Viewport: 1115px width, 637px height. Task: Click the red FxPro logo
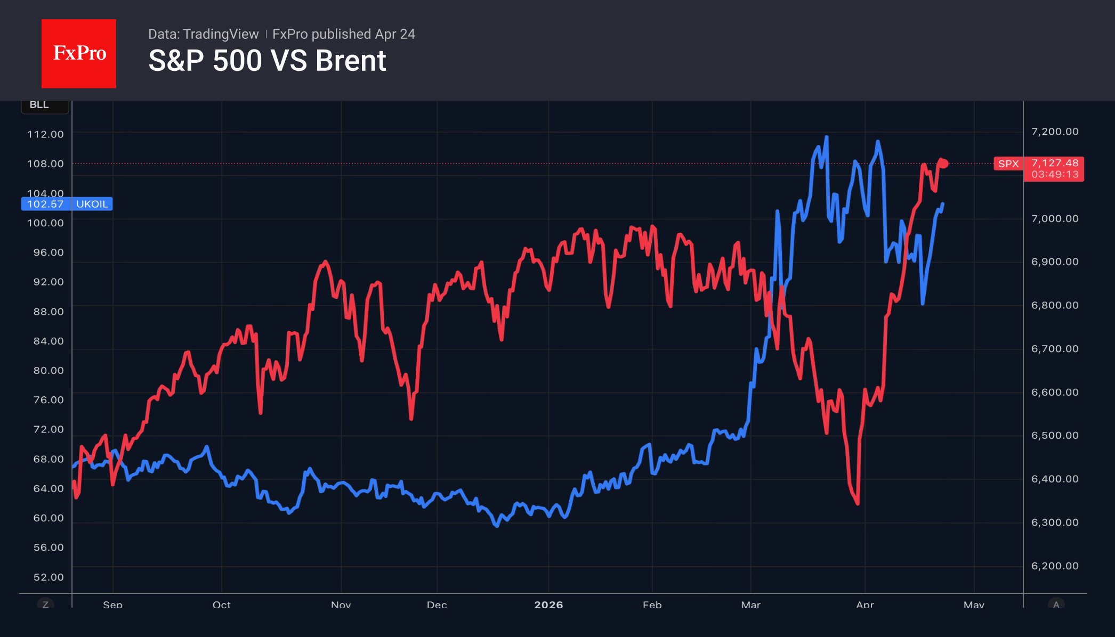(x=79, y=53)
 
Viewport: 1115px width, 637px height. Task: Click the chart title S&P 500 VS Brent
(x=267, y=61)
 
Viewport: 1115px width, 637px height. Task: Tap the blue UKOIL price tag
(x=67, y=204)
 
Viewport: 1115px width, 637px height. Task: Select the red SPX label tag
(x=1008, y=164)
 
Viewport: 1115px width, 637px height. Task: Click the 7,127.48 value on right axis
(x=1054, y=163)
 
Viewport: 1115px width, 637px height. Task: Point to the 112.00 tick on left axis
(x=45, y=134)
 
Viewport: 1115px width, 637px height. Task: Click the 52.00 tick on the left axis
(x=48, y=577)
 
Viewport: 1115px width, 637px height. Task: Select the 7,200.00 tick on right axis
(x=1054, y=132)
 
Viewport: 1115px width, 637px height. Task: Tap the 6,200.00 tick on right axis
(x=1054, y=566)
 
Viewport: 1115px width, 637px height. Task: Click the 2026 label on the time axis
(x=548, y=605)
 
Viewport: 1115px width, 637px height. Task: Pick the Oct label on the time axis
(x=222, y=605)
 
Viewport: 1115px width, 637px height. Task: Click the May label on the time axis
(x=974, y=605)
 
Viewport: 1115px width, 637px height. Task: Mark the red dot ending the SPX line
(x=944, y=164)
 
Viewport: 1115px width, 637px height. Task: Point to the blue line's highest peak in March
(x=827, y=137)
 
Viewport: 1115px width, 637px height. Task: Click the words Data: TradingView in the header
(x=203, y=34)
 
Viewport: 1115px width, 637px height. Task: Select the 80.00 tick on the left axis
(x=48, y=370)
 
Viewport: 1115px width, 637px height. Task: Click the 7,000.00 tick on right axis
(x=1054, y=219)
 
